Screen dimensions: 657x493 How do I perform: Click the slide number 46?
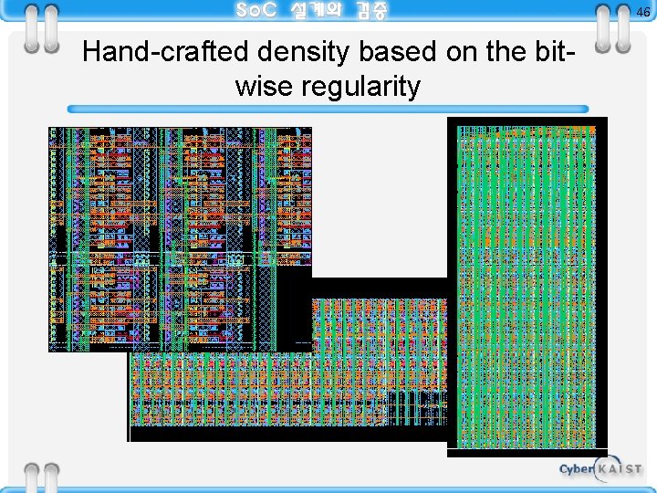[643, 12]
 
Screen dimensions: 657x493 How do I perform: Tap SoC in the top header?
[255, 11]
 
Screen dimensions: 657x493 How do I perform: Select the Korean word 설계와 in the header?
[315, 11]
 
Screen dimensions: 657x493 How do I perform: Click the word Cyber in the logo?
[577, 470]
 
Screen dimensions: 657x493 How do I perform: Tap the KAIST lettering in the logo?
[620, 469]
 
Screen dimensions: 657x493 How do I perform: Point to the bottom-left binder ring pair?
[39, 477]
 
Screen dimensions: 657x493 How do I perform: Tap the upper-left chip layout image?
[180, 237]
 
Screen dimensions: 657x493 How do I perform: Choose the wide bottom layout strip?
[287, 398]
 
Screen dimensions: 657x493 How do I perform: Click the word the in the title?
[496, 53]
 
